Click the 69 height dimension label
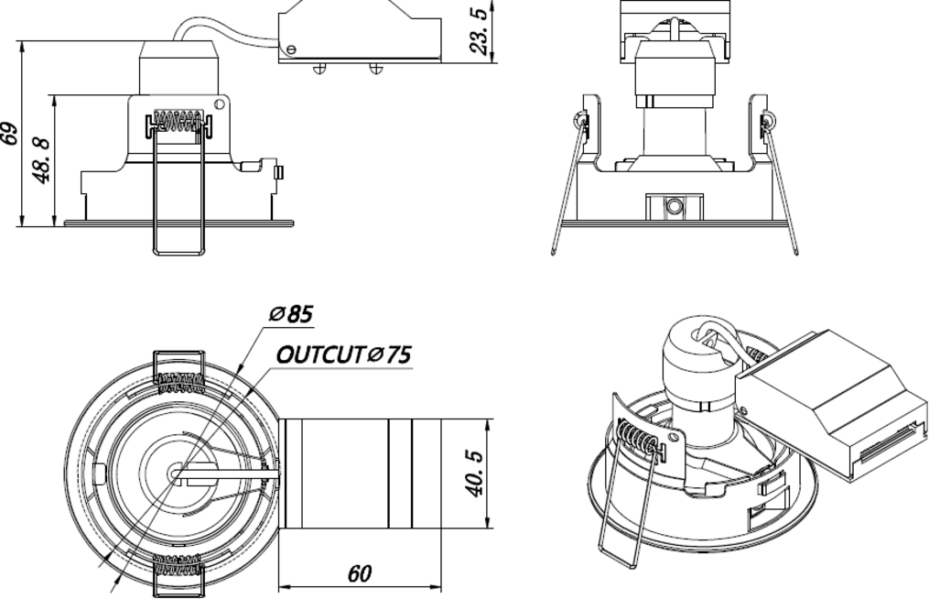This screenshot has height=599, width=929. [x=10, y=134]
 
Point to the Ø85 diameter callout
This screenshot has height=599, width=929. [x=291, y=315]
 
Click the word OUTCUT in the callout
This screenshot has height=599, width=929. [x=320, y=355]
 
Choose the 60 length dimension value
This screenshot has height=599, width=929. [x=360, y=574]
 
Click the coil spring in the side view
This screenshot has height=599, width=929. [x=178, y=121]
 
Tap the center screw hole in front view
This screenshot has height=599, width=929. [x=675, y=206]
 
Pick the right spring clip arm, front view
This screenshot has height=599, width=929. [x=781, y=188]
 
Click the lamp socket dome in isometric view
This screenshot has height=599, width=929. [x=693, y=343]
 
